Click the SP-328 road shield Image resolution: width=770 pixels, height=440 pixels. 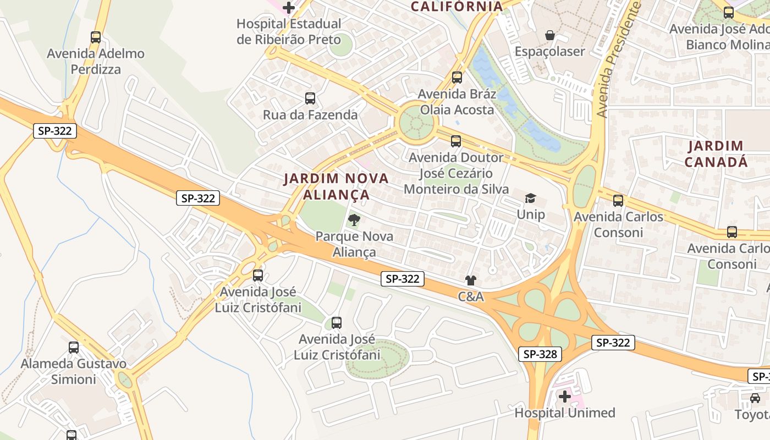click(x=540, y=354)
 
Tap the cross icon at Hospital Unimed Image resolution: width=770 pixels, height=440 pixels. click(x=565, y=396)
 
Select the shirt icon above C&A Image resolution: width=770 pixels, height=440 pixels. click(x=470, y=281)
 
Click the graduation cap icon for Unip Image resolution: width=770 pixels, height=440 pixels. click(x=530, y=199)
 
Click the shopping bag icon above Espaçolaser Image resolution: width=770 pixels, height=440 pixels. click(x=549, y=36)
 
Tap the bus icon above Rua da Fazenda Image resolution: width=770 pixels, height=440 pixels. click(x=310, y=98)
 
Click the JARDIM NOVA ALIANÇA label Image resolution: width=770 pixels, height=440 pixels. click(x=336, y=186)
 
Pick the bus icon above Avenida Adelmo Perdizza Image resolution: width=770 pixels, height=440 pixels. click(x=96, y=37)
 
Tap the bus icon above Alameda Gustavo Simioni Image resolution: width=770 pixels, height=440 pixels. click(x=74, y=348)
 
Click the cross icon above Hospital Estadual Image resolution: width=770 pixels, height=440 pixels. click(x=289, y=8)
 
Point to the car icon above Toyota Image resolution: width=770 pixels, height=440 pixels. click(x=755, y=398)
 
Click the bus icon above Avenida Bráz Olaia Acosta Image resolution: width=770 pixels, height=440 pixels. click(x=457, y=78)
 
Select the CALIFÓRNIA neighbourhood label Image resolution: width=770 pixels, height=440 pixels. click(x=457, y=7)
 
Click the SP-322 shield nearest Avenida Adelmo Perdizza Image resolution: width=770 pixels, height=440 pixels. click(x=54, y=131)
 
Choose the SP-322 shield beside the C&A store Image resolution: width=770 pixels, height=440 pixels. click(x=403, y=279)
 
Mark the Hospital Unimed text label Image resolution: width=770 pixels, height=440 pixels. click(x=565, y=413)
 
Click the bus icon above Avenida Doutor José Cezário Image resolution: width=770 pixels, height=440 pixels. click(x=456, y=141)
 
